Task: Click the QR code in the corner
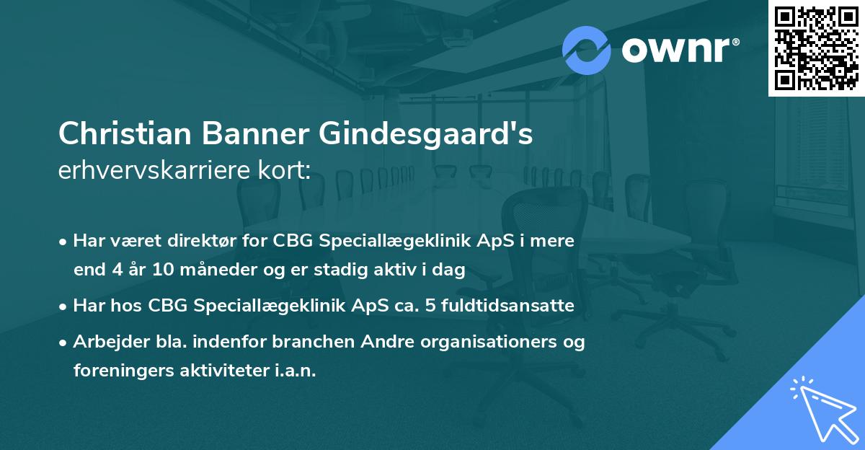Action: point(817,48)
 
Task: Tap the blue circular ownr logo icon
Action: point(586,50)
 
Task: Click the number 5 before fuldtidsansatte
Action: point(430,306)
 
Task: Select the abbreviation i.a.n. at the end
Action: point(295,371)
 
